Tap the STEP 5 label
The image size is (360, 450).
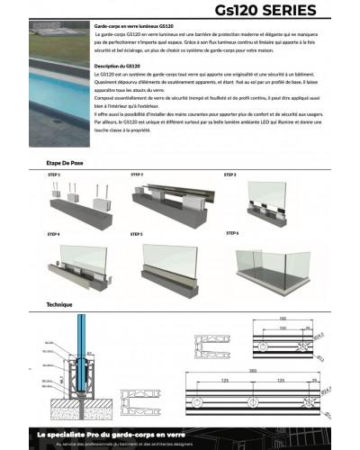pyautogui.click(x=137, y=234)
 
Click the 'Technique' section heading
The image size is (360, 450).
pyautogui.click(x=59, y=305)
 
